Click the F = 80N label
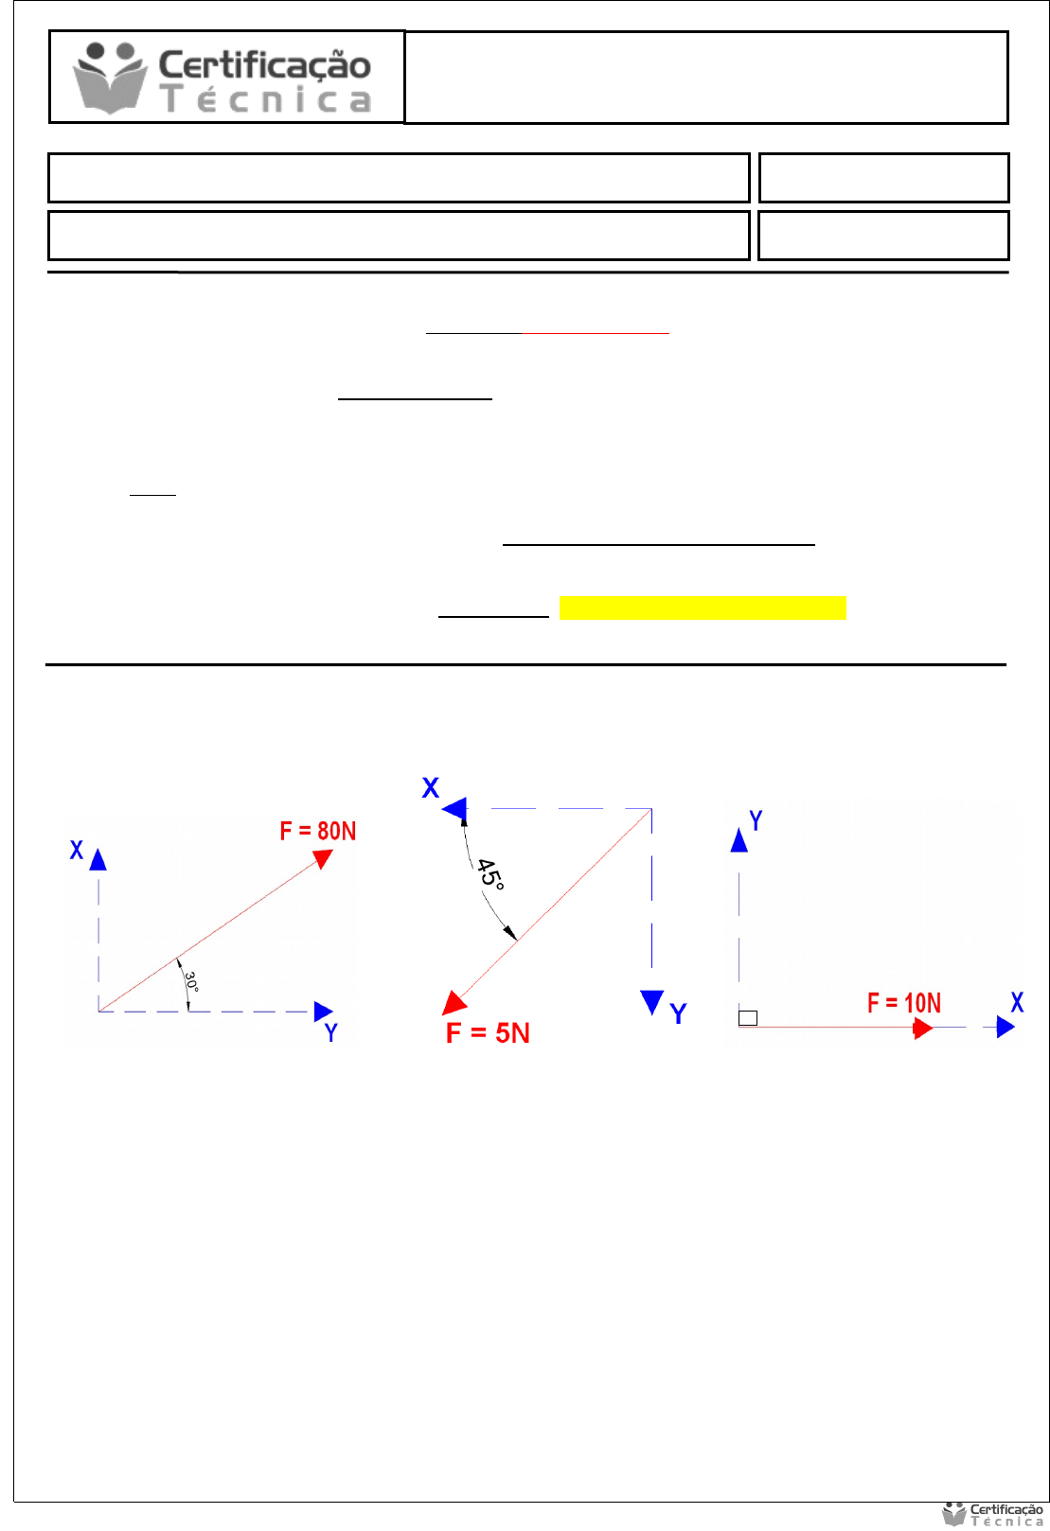[318, 831]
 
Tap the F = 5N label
[488, 1032]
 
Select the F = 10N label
[904, 1003]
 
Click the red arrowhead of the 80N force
[323, 857]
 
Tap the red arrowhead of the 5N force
[454, 1003]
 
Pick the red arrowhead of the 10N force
[922, 1028]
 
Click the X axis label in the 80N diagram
[77, 850]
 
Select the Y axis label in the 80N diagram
[330, 1033]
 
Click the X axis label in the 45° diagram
[431, 788]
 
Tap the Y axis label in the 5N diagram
[678, 1014]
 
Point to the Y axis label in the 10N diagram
[756, 820]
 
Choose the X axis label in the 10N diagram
[1017, 1003]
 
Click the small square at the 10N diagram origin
[748, 1018]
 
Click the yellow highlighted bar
[703, 607]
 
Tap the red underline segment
[596, 333]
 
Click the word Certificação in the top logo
[264, 64]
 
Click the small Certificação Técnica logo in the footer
[993, 1515]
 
